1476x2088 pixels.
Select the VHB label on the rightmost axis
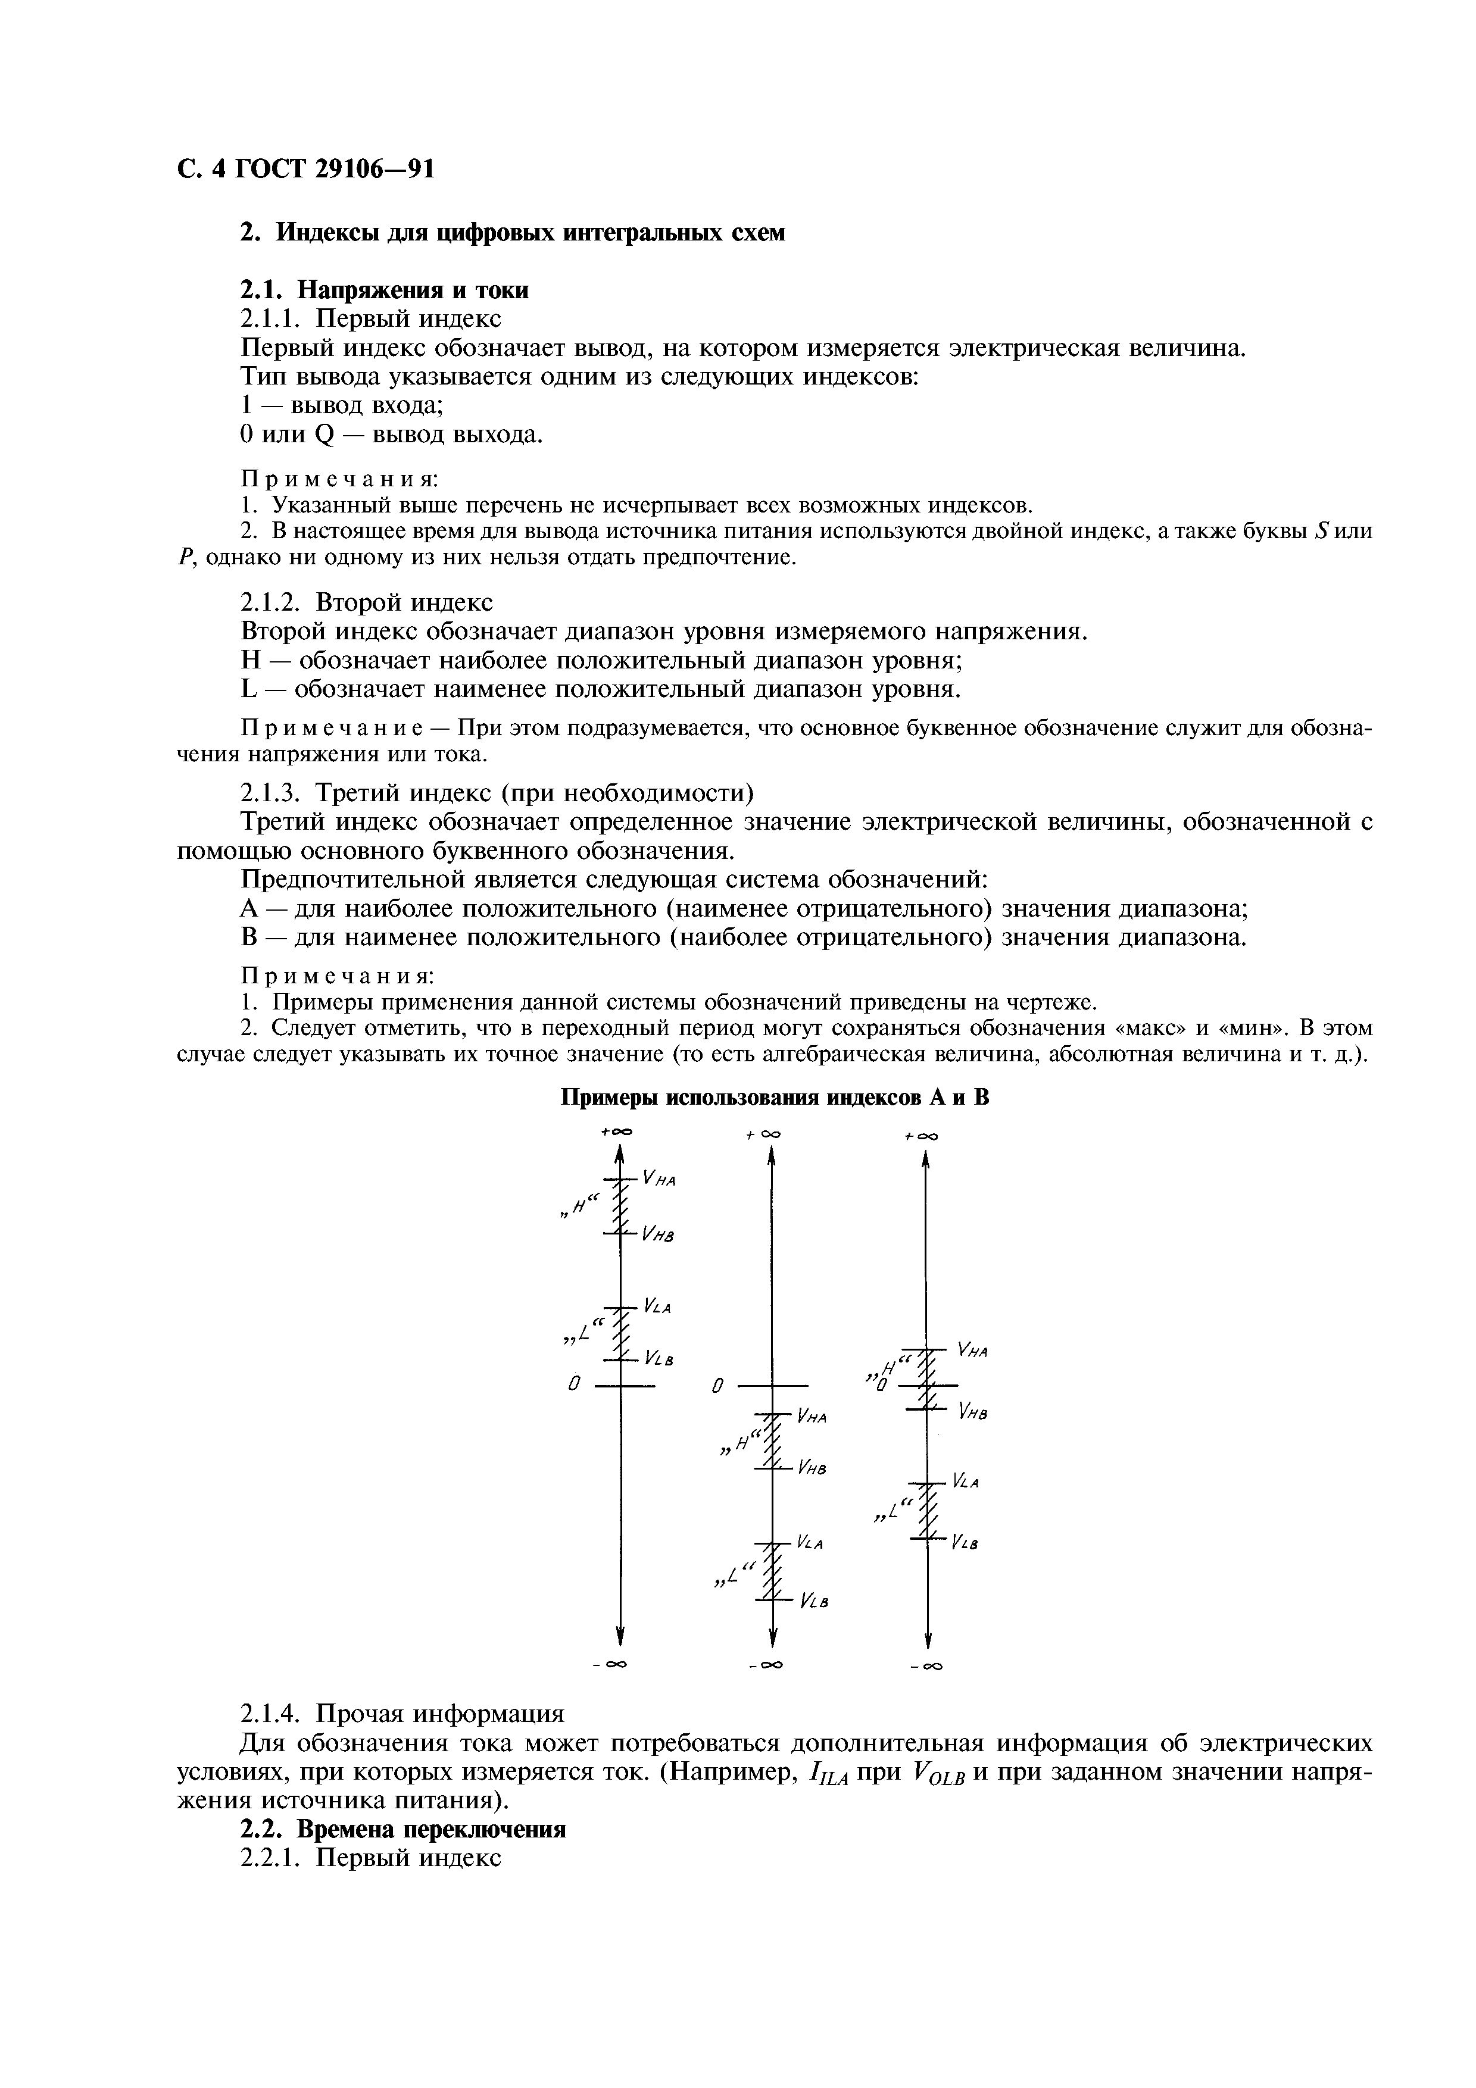pyautogui.click(x=972, y=1412)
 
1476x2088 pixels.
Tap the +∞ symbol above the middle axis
pyautogui.click(x=764, y=1135)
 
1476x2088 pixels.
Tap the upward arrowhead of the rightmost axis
pyautogui.click(x=926, y=1161)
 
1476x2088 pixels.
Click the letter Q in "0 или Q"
pyautogui.click(x=324, y=436)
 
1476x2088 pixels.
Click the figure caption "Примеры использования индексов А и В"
pyautogui.click(x=774, y=1098)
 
